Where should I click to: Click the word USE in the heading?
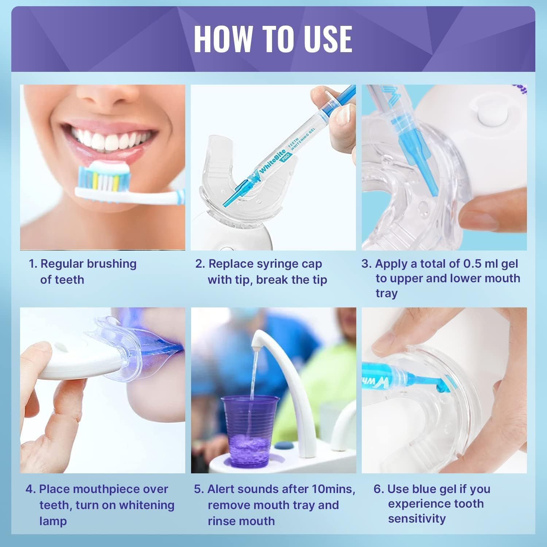pos(328,39)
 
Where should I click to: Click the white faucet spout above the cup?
pos(258,340)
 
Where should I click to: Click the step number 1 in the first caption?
pos(33,264)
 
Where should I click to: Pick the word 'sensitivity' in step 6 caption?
pos(417,519)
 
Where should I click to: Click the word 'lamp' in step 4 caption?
pos(53,521)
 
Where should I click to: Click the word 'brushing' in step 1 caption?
pos(113,264)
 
